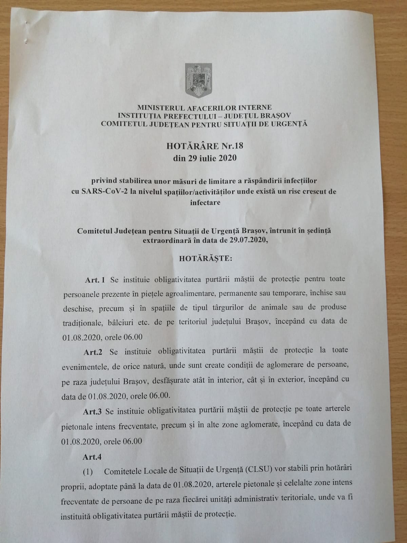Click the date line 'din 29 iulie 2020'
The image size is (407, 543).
(205, 158)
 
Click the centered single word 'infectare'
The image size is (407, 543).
(205, 203)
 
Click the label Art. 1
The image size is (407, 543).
(95, 280)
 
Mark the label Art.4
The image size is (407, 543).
(92, 457)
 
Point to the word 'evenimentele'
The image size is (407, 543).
(84, 367)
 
